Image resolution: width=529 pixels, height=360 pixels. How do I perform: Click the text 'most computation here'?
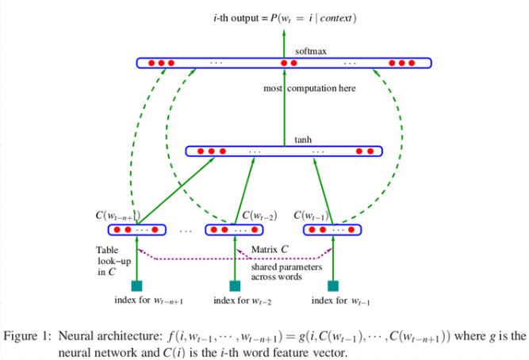[309, 89]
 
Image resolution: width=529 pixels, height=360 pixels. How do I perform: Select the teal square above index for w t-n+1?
[136, 285]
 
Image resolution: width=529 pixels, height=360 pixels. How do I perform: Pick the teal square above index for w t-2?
[235, 285]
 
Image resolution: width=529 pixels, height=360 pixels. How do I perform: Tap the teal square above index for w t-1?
[333, 285]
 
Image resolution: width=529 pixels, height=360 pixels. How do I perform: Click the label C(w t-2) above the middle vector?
[259, 215]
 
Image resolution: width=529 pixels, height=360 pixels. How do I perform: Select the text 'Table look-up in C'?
[107, 260]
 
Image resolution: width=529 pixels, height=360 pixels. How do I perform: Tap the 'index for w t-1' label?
[342, 301]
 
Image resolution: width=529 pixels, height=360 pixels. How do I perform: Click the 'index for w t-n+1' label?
[149, 301]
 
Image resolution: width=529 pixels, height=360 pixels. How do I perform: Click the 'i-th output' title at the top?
[238, 17]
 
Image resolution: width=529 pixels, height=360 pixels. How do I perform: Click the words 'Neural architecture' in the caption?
[102, 335]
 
